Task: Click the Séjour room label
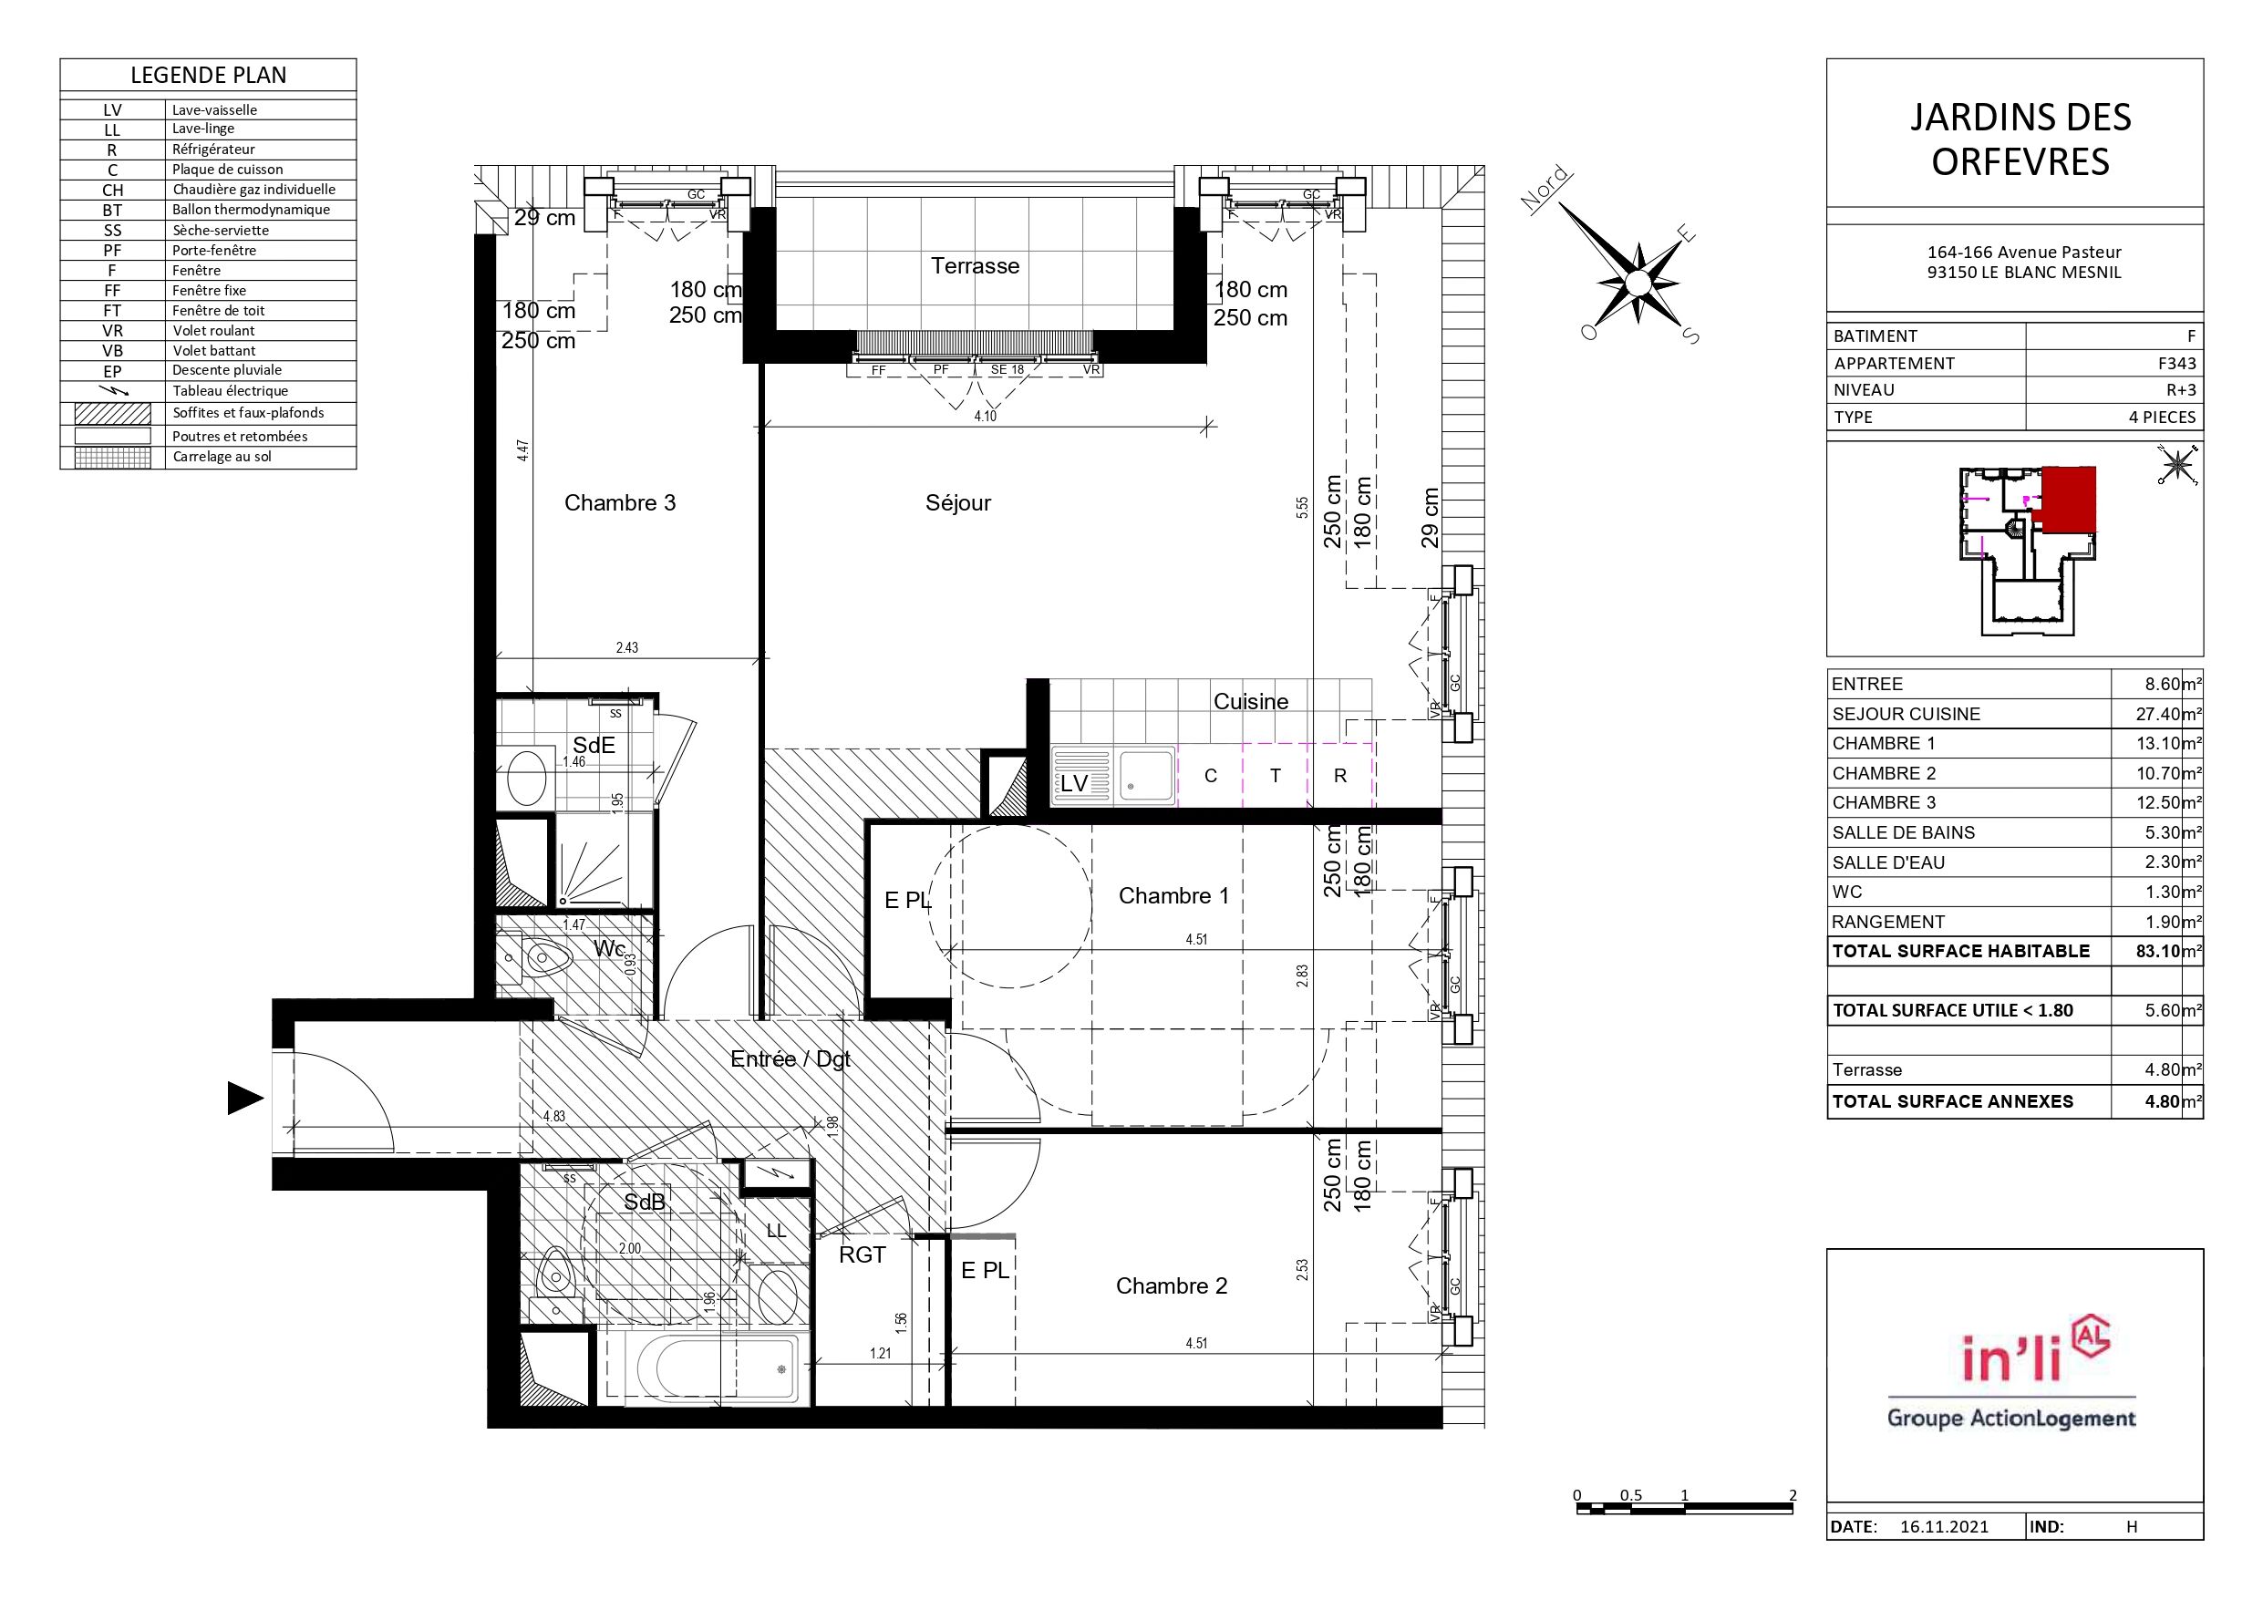coord(958,502)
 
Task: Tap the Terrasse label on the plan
coord(975,265)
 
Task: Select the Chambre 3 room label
coord(620,502)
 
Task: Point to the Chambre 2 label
coord(1171,1285)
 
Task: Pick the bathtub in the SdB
coord(717,1368)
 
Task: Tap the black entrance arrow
coord(245,1098)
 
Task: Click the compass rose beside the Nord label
coord(1638,282)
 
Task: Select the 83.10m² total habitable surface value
coord(2168,951)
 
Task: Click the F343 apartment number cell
coord(2176,363)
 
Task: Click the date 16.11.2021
coord(1944,1526)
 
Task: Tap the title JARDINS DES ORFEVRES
coord(2020,139)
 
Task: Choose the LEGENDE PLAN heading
coord(208,75)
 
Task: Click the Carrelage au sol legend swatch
coord(113,458)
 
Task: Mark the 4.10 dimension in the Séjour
coord(985,416)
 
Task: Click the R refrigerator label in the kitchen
coord(1339,776)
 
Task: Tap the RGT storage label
coord(863,1255)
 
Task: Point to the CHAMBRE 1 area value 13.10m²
coord(2168,743)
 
